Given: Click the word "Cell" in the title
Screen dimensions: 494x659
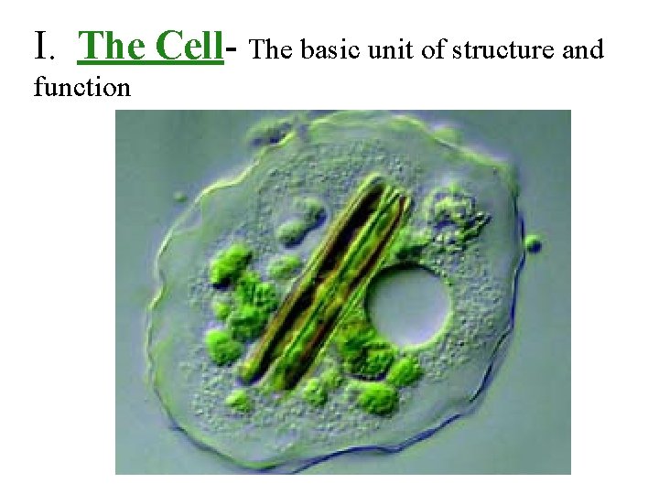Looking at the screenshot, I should [190, 45].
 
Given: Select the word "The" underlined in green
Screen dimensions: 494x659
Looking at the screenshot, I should [113, 45].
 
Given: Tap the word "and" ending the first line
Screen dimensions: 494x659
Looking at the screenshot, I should [583, 49].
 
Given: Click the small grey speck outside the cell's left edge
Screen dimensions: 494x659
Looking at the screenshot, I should [179, 197].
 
